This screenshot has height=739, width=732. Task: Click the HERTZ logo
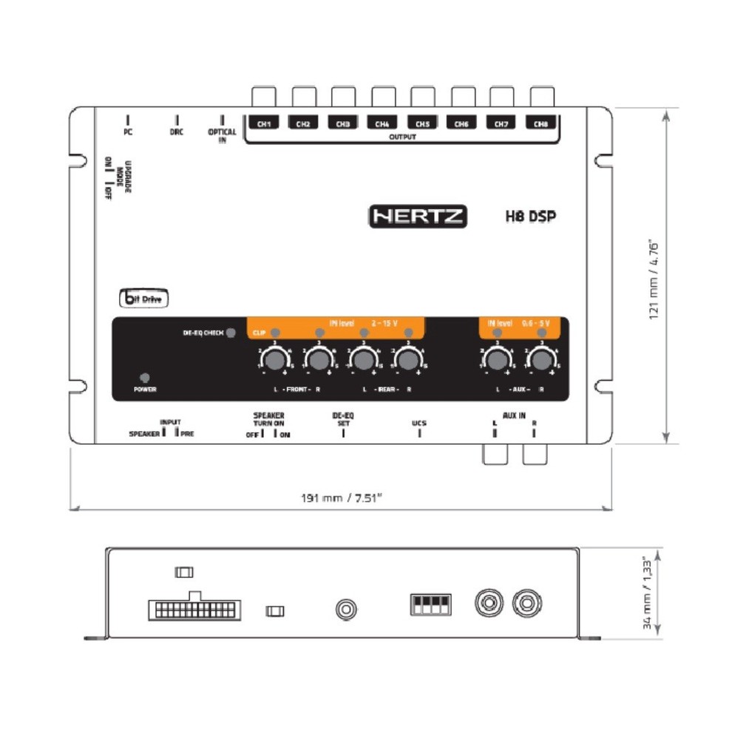point(418,216)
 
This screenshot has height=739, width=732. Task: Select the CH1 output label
point(263,124)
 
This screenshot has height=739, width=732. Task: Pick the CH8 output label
point(540,124)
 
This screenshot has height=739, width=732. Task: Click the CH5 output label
point(421,124)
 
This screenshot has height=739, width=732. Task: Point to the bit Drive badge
point(144,299)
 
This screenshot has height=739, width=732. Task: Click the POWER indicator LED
point(144,377)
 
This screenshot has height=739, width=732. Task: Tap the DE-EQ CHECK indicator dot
point(231,333)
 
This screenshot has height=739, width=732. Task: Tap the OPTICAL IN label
point(222,136)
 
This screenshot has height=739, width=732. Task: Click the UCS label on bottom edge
point(419,423)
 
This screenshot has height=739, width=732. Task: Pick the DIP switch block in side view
point(430,605)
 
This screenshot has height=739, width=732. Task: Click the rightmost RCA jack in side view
point(526,602)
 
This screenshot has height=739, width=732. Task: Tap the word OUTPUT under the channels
point(402,137)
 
